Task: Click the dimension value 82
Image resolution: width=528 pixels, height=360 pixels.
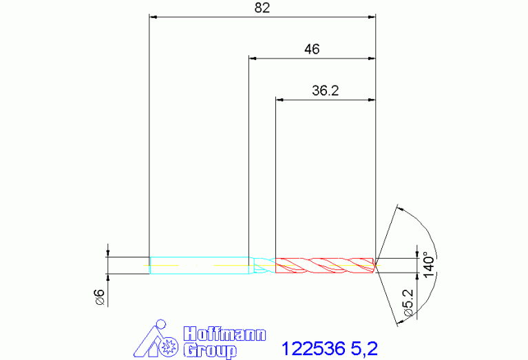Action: pyautogui.click(x=262, y=8)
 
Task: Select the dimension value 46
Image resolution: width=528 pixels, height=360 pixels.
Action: pyautogui.click(x=312, y=49)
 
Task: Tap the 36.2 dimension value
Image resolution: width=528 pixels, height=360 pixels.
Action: pyautogui.click(x=325, y=90)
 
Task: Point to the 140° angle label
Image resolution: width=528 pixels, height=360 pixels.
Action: pyautogui.click(x=430, y=265)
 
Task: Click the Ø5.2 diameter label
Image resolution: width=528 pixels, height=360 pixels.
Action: pyautogui.click(x=408, y=302)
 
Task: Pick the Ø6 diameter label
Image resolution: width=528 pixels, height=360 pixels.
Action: pyautogui.click(x=100, y=297)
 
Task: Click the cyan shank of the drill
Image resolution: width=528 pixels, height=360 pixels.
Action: pyautogui.click(x=200, y=266)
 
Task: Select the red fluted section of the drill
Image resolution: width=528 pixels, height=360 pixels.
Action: pyautogui.click(x=325, y=266)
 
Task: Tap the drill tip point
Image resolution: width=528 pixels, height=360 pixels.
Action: pyautogui.click(x=376, y=266)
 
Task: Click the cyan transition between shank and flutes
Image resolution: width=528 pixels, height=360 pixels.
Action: pyautogui.click(x=262, y=266)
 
